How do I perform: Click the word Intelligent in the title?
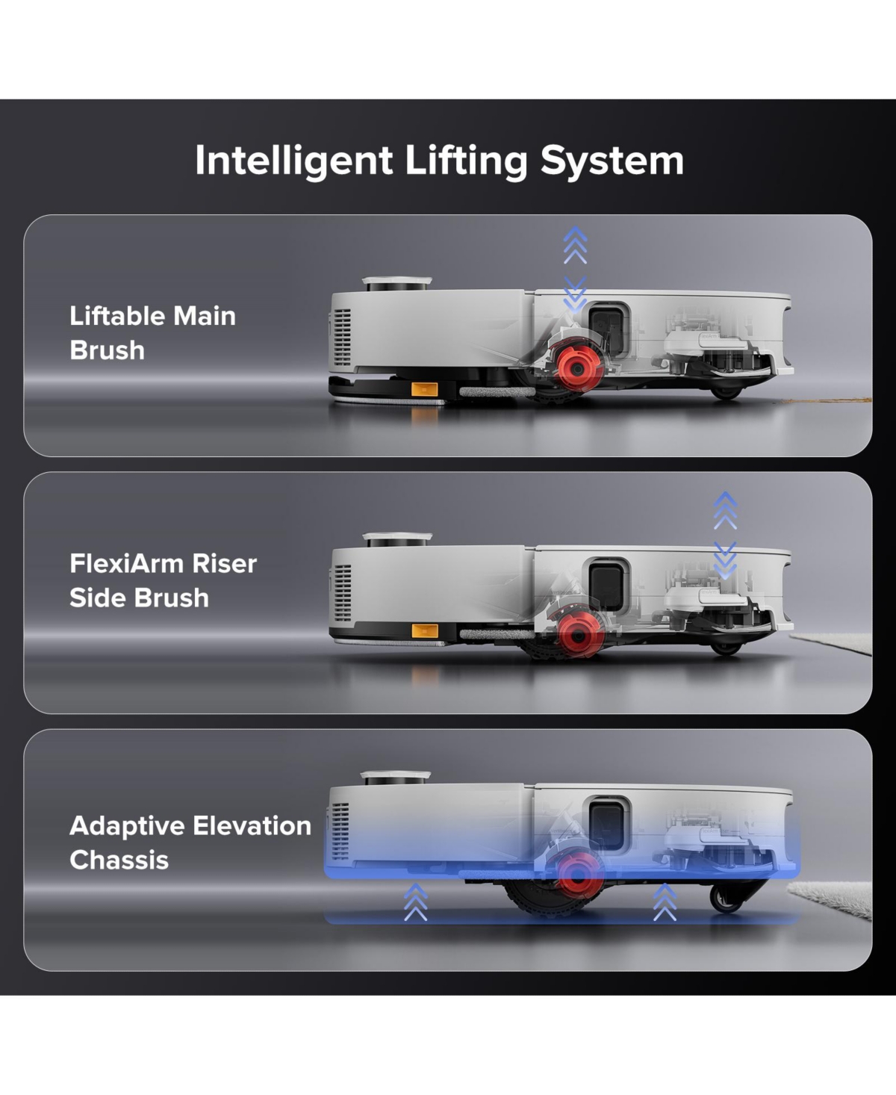click(x=293, y=161)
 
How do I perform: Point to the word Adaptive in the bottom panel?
click(x=127, y=827)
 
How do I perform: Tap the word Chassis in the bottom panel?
click(x=119, y=860)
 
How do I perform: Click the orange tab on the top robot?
click(x=425, y=389)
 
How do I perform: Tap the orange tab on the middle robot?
click(x=425, y=630)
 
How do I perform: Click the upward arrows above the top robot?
click(x=575, y=245)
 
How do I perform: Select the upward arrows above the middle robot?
click(x=725, y=511)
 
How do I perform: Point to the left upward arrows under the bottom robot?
click(x=416, y=902)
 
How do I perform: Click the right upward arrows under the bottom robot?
click(x=665, y=902)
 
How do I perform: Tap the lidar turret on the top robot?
click(x=397, y=284)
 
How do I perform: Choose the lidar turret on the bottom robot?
click(x=396, y=778)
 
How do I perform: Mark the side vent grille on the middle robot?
click(x=343, y=593)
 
